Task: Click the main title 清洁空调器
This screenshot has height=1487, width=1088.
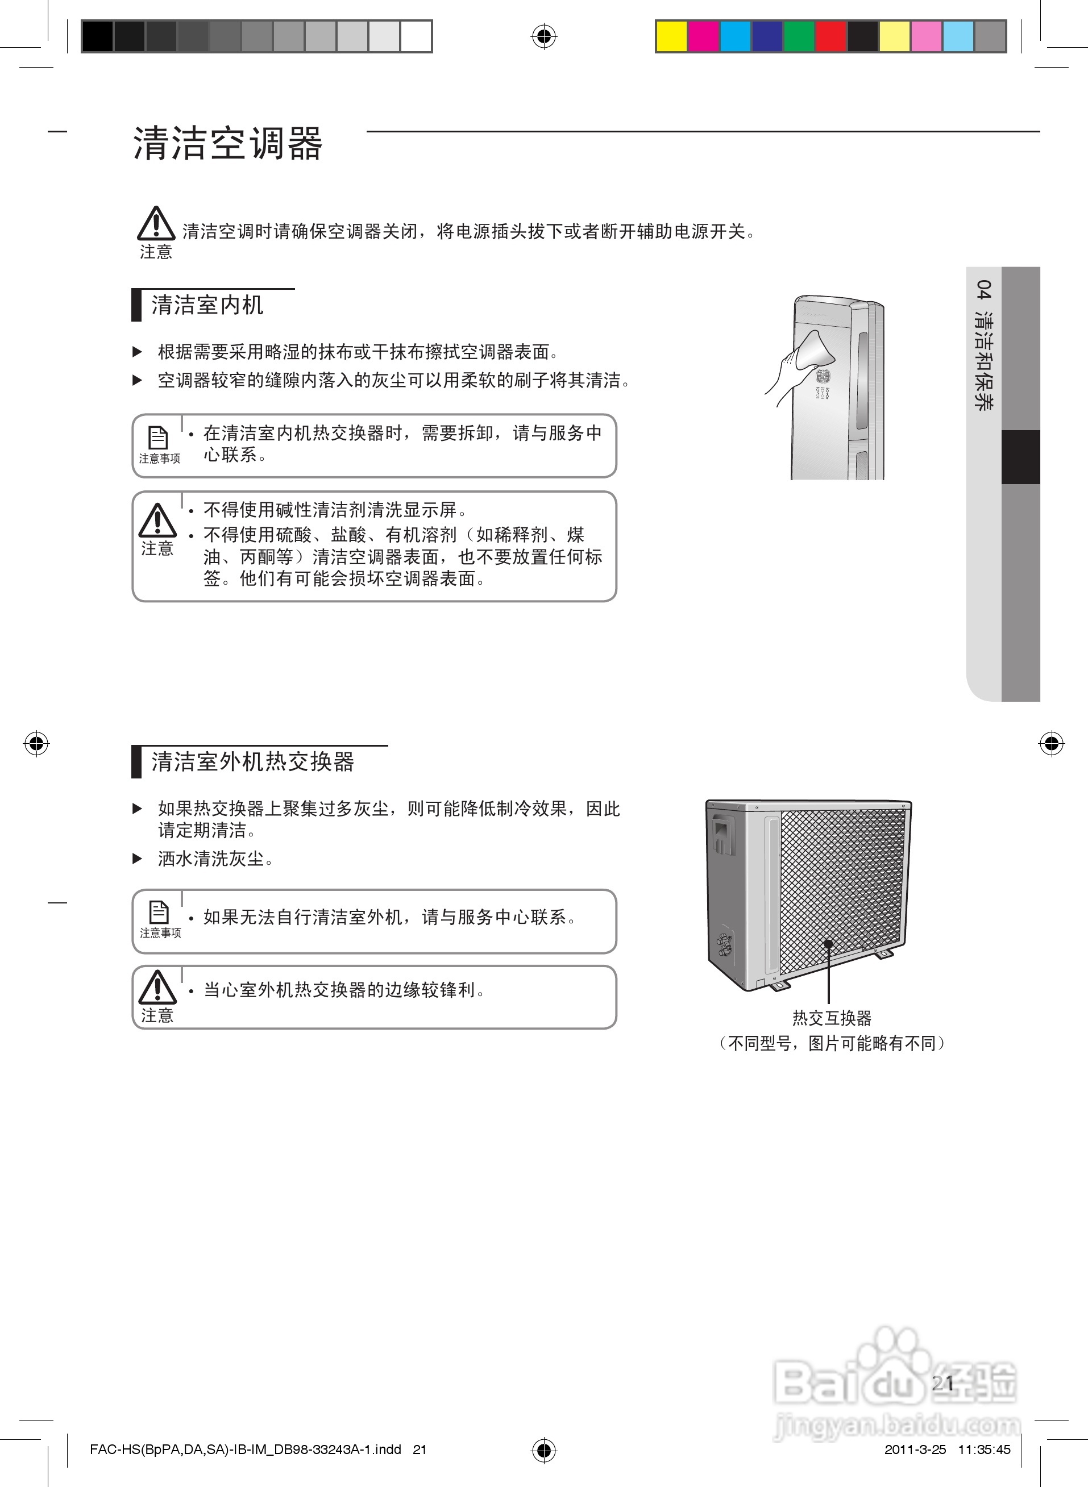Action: point(228,144)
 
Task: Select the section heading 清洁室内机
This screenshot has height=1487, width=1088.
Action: point(207,305)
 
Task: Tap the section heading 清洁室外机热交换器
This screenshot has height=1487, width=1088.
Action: point(253,761)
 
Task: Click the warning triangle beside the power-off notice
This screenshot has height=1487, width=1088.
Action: point(156,223)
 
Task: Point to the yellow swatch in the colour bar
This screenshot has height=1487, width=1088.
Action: point(671,36)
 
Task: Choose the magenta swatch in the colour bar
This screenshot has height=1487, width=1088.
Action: point(703,36)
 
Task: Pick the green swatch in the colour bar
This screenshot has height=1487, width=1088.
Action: point(799,36)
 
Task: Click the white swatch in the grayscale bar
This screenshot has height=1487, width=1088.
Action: point(416,36)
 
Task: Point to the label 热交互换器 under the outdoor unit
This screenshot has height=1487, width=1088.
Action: point(832,1018)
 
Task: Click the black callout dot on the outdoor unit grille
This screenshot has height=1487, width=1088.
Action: point(829,943)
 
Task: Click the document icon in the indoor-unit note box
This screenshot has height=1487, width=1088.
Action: point(158,438)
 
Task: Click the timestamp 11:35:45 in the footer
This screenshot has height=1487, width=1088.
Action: point(984,1449)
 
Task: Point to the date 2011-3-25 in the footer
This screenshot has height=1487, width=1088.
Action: point(915,1449)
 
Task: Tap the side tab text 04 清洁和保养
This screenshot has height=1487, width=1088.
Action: point(984,345)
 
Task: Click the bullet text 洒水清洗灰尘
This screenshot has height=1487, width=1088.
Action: point(215,859)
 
